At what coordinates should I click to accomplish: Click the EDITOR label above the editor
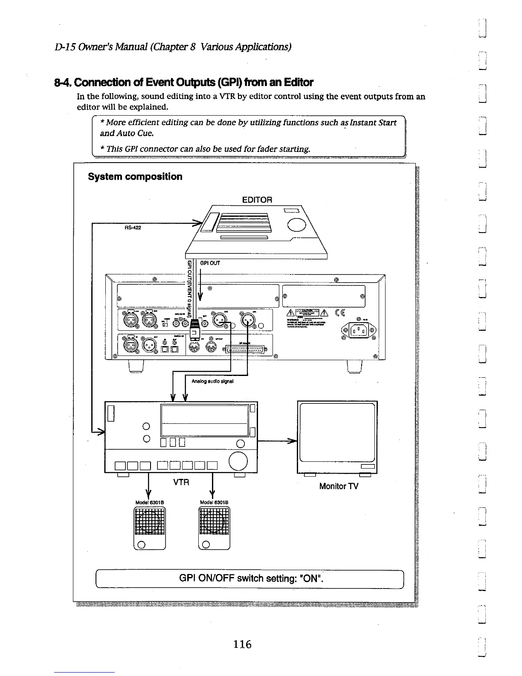257,200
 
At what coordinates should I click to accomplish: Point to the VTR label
181,482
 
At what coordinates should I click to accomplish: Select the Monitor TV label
339,486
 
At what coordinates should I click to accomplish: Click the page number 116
242,644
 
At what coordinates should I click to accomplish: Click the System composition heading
135,177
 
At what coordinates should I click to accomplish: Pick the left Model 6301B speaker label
148,502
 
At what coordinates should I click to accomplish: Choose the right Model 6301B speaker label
212,502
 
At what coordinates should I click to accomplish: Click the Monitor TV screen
337,431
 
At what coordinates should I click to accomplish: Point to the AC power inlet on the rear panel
359,330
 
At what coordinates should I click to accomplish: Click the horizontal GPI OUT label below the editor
210,263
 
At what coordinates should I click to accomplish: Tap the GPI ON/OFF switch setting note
252,579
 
